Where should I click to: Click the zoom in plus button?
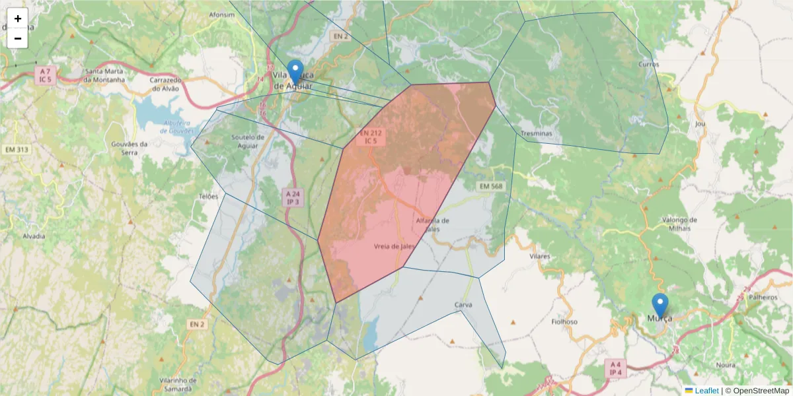click(x=18, y=18)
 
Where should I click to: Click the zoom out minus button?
click(x=18, y=38)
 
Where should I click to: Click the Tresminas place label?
click(x=537, y=134)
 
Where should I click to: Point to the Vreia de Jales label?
click(x=395, y=246)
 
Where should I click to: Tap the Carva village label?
click(x=463, y=305)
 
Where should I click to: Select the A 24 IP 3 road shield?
click(x=293, y=197)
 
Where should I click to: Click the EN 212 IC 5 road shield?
click(x=370, y=137)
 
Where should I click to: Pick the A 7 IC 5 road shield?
click(x=46, y=75)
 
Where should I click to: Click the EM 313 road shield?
click(x=17, y=150)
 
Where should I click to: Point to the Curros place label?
click(x=649, y=65)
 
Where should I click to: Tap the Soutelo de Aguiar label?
click(x=248, y=141)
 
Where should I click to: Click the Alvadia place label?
click(x=34, y=236)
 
